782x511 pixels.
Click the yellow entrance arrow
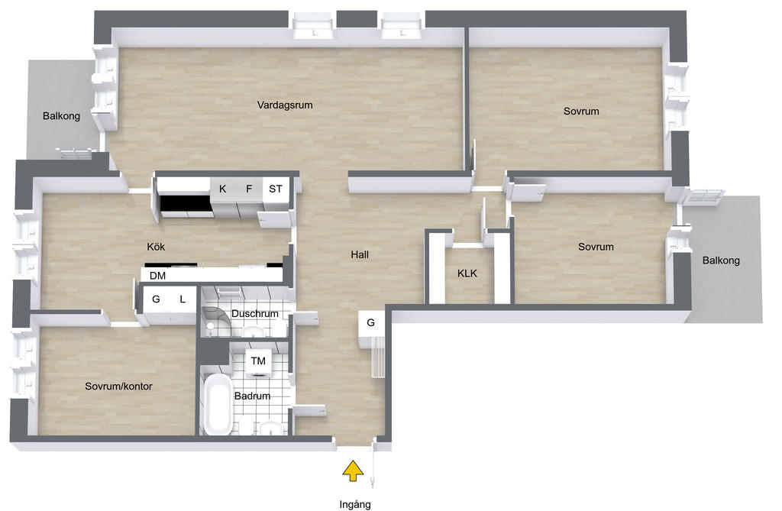(x=353, y=471)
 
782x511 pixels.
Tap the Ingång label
(x=355, y=504)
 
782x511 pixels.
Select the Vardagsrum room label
(x=285, y=105)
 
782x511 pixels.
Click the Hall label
(x=360, y=254)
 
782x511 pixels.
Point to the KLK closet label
(x=467, y=273)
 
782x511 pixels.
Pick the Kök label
(x=156, y=247)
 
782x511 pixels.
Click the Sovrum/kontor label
(x=118, y=386)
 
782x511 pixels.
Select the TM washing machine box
(x=258, y=361)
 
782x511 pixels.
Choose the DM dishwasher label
(x=157, y=276)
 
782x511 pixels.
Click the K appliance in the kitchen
(x=222, y=189)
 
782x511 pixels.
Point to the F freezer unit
(x=249, y=189)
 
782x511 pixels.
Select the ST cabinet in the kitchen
(x=276, y=189)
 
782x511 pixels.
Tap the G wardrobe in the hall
(x=371, y=323)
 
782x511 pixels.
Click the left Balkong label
(x=61, y=116)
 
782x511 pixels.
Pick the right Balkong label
(x=721, y=260)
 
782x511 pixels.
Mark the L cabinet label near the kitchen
(x=183, y=299)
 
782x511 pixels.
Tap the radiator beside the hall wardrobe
(x=377, y=357)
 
